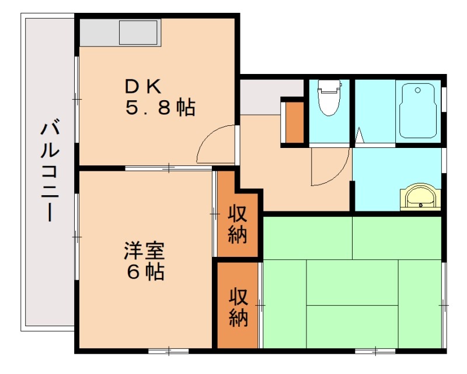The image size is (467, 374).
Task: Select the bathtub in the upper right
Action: [x=417, y=111]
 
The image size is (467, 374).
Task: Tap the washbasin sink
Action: [x=419, y=196]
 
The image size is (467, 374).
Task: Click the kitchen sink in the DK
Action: [x=139, y=33]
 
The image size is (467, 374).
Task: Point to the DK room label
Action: [x=142, y=87]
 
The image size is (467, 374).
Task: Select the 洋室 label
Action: [x=144, y=252]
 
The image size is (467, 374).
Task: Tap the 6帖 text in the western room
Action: [x=144, y=273]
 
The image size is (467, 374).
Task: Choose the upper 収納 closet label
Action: [x=238, y=224]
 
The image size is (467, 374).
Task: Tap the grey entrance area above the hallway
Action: [x=269, y=96]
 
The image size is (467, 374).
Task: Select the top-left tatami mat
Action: [x=308, y=237]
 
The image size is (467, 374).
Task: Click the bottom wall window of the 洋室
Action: [x=168, y=350]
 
